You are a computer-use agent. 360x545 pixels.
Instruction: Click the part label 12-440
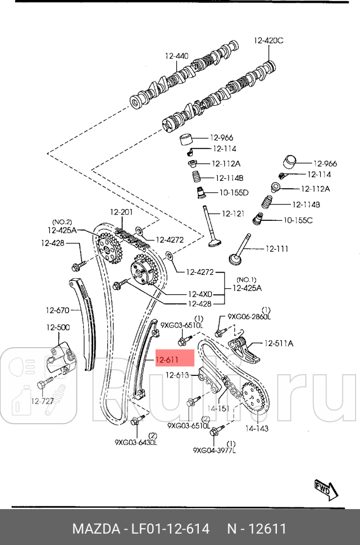[x=176, y=56]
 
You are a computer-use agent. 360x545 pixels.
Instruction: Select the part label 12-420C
[x=268, y=40]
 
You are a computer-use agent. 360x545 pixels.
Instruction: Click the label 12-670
[x=57, y=310]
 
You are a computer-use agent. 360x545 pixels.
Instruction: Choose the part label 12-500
[x=58, y=328]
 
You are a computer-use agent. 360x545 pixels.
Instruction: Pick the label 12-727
[x=42, y=401]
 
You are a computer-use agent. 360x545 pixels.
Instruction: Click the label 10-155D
[x=234, y=193]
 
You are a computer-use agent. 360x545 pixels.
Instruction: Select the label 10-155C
[x=298, y=220]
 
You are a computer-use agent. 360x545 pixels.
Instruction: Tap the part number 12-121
[x=233, y=214]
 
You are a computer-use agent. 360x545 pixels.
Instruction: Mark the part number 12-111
[x=276, y=248]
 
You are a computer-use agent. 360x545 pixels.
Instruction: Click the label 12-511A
[x=279, y=343]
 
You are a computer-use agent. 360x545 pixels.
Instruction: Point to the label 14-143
[x=257, y=428]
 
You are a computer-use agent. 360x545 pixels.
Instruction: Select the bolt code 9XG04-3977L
[x=214, y=450]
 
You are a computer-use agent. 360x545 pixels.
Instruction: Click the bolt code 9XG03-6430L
[x=136, y=443]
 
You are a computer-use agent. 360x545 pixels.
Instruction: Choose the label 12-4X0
[x=200, y=294]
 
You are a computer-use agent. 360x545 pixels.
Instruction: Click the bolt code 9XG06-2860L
[x=249, y=317]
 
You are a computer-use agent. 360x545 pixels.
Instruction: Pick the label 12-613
[x=177, y=376]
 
